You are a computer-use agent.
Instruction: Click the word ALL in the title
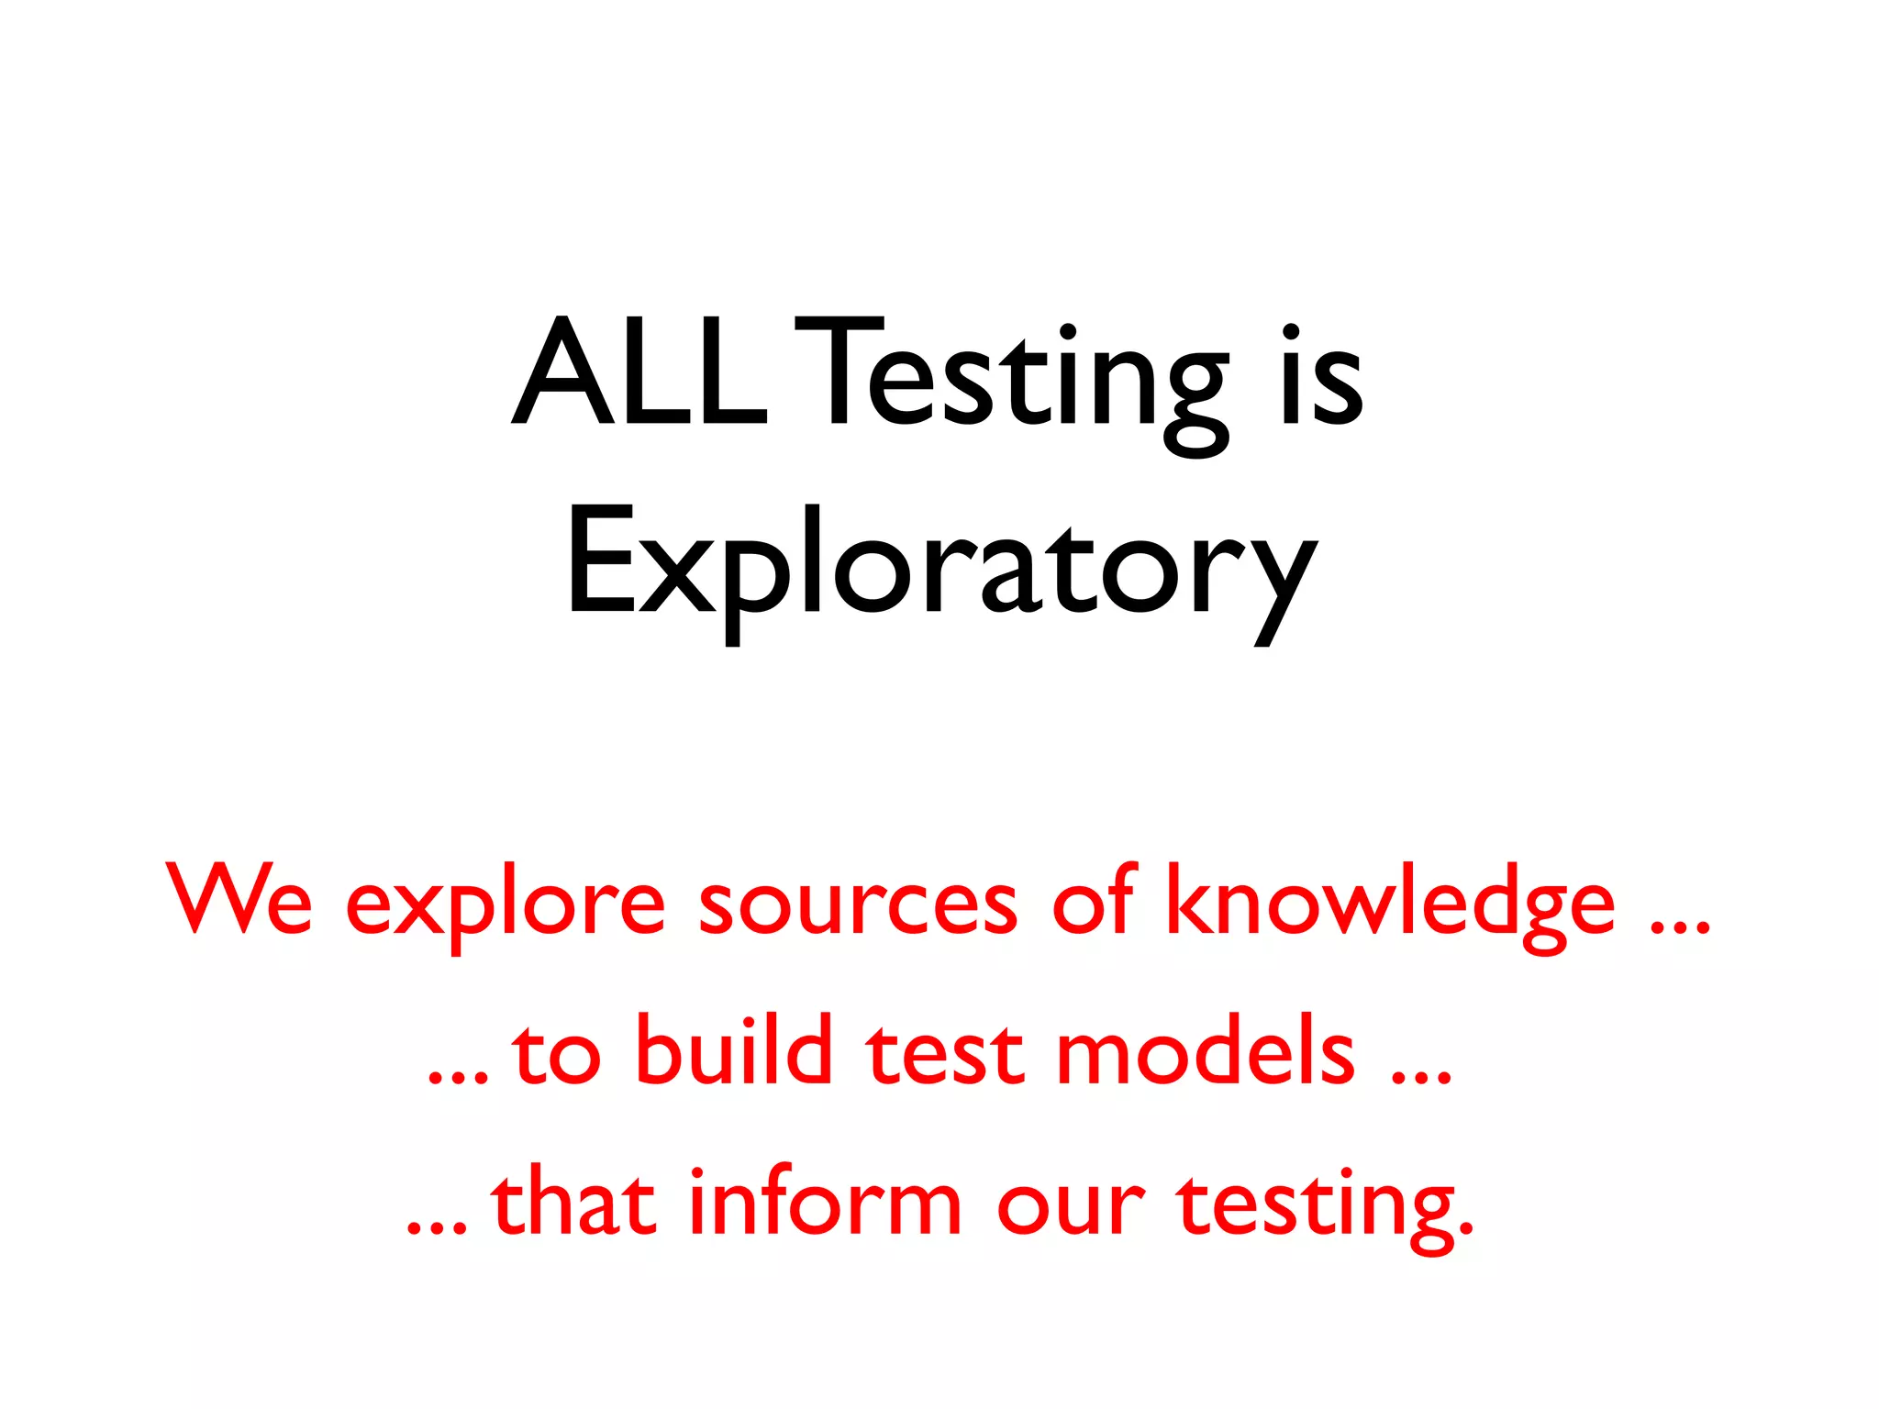tap(639, 374)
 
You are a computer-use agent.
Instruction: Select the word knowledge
tap(1390, 904)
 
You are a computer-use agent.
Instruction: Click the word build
tap(733, 1050)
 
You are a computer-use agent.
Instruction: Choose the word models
tap(1206, 1050)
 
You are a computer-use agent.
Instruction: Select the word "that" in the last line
tap(574, 1202)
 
